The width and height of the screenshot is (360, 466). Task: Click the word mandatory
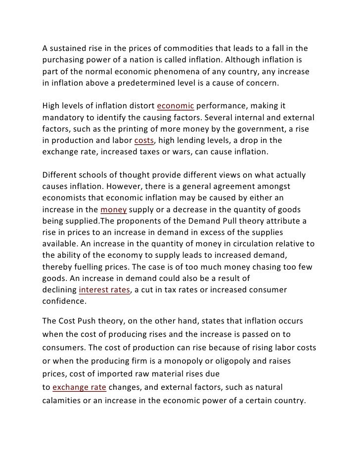62,118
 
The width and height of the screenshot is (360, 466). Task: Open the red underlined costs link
143,142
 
